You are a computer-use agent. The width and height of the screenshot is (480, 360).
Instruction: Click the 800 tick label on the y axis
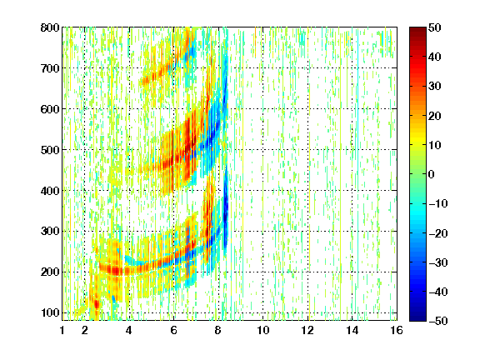click(x=50, y=27)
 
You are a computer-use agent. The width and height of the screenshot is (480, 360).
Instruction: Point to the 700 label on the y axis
click(x=50, y=68)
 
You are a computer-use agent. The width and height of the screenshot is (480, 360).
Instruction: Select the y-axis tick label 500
click(x=50, y=150)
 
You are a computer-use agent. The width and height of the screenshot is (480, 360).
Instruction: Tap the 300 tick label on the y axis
click(x=50, y=232)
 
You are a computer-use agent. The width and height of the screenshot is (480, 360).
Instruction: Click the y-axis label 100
click(x=50, y=312)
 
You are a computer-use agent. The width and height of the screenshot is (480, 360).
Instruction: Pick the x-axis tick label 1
click(x=62, y=330)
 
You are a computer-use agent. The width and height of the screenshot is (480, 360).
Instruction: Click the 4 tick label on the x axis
click(x=129, y=330)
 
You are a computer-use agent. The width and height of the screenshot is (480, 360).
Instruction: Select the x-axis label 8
click(x=218, y=330)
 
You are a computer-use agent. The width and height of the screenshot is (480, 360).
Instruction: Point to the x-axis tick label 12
click(x=307, y=330)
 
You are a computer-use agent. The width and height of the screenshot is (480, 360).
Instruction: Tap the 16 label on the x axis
click(x=397, y=330)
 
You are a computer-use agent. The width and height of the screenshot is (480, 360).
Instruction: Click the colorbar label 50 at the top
click(x=435, y=27)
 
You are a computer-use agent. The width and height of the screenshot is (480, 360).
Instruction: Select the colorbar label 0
click(x=432, y=174)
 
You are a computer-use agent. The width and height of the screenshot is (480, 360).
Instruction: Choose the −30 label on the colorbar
click(x=438, y=262)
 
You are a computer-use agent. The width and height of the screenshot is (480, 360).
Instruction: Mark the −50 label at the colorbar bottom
click(x=438, y=321)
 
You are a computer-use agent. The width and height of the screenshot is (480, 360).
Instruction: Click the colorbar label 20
click(x=435, y=116)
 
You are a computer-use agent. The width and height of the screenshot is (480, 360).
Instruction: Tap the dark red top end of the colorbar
click(x=417, y=31)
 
